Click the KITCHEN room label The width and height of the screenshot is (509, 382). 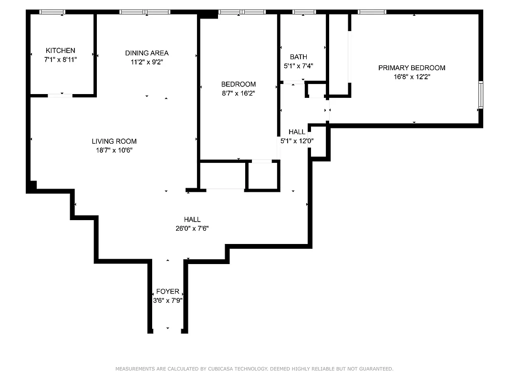(x=60, y=51)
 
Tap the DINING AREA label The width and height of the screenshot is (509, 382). (x=146, y=53)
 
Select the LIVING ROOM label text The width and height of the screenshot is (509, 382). (x=114, y=141)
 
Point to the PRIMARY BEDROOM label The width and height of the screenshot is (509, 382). (x=411, y=68)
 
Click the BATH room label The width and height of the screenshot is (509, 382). (x=298, y=57)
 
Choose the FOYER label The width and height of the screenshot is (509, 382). (x=167, y=291)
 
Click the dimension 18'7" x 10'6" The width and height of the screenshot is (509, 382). (x=114, y=150)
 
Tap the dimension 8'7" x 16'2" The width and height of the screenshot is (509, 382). (x=238, y=94)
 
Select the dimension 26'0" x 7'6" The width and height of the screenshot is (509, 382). (x=192, y=228)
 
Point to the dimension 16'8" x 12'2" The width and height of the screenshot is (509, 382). (x=411, y=77)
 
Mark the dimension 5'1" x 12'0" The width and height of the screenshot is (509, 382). (x=297, y=141)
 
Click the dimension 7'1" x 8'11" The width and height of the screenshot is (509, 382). (x=60, y=60)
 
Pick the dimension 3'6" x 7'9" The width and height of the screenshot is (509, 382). (x=167, y=300)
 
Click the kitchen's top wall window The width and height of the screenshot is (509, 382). (x=52, y=12)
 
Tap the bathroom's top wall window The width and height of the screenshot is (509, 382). (x=304, y=12)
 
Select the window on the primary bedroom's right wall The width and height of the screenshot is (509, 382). (x=480, y=95)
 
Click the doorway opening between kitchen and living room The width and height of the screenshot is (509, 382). (x=60, y=95)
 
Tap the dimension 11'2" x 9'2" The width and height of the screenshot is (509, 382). (x=146, y=62)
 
